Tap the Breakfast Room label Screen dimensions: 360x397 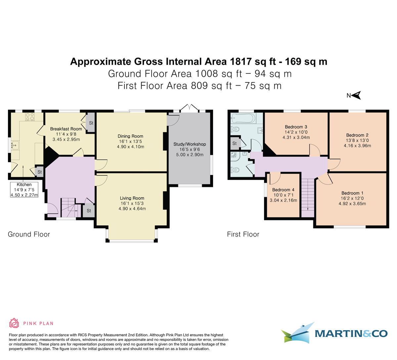tap(66, 129)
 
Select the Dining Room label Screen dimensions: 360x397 tap(130, 136)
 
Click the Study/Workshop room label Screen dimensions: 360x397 tap(190, 144)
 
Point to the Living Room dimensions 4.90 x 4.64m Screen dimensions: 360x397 tap(132, 209)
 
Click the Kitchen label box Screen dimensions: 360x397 tap(24, 190)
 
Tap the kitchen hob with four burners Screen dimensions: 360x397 tap(30, 117)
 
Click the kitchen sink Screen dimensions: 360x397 tap(14, 145)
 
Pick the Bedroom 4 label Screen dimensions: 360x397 tap(283, 190)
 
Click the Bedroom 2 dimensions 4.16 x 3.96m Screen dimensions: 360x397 tap(357, 146)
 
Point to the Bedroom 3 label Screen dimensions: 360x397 tap(296, 127)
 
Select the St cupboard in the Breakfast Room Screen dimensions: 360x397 tap(91, 123)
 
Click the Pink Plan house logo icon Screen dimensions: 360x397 tap(14, 323)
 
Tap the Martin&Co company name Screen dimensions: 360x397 tap(351, 333)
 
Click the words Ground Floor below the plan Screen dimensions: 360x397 tap(29, 234)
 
